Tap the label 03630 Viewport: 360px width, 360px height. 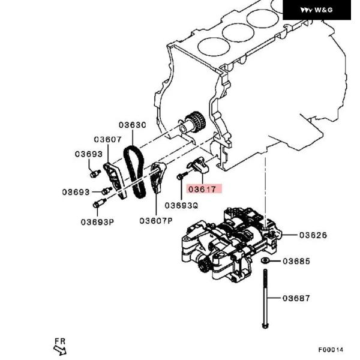pyautogui.click(x=132, y=125)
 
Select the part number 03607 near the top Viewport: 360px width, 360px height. pyautogui.click(x=107, y=139)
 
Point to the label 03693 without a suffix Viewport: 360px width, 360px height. pyautogui.click(x=89, y=154)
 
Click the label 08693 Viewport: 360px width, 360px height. pyautogui.click(x=76, y=193)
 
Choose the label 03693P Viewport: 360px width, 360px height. pyautogui.click(x=97, y=221)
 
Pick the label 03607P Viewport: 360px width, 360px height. pyautogui.click(x=156, y=220)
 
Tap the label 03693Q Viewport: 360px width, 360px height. pyautogui.click(x=181, y=205)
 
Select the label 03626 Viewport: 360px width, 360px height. pyautogui.click(x=313, y=235)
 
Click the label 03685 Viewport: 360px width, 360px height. pyautogui.click(x=296, y=261)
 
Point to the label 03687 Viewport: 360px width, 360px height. pyautogui.click(x=296, y=298)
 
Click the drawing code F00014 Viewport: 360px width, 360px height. pyautogui.click(x=331, y=350)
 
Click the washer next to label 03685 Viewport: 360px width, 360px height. pyautogui.click(x=264, y=261)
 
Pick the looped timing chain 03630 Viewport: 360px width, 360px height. pyautogui.click(x=134, y=171)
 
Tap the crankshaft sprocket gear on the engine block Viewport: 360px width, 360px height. pyautogui.click(x=195, y=122)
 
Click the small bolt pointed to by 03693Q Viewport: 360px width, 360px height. pyautogui.click(x=181, y=176)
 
